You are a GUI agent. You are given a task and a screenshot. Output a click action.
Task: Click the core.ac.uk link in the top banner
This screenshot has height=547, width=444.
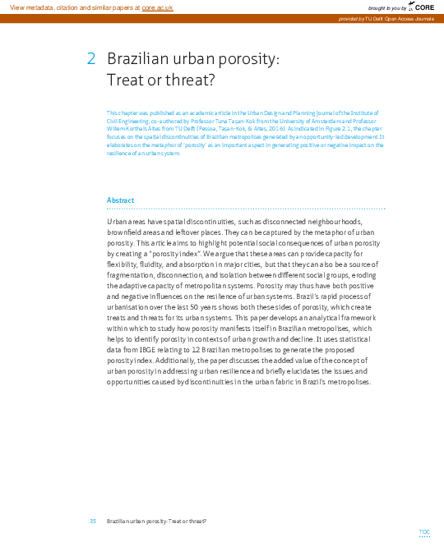pyautogui.click(x=157, y=7)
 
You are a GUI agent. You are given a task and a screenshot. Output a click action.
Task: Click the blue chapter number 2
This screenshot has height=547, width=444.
pyautogui.click(x=91, y=59)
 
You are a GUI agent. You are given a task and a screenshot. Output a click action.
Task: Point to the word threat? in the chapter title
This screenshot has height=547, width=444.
pyautogui.click(x=188, y=80)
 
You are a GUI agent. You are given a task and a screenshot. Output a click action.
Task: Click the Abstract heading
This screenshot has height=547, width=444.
pyautogui.click(x=120, y=200)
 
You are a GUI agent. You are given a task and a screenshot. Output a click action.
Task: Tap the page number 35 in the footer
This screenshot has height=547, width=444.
pyautogui.click(x=93, y=521)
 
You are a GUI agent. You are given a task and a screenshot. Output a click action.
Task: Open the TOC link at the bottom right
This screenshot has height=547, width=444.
pyautogui.click(x=424, y=532)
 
